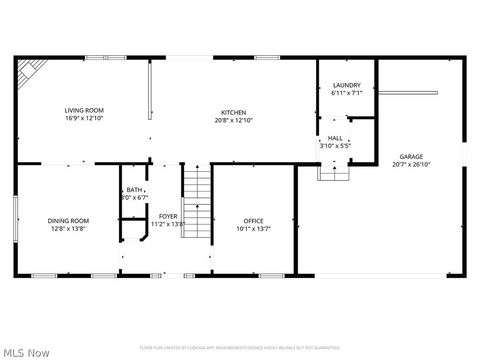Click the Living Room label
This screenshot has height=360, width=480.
tap(84, 110)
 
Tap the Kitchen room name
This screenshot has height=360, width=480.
tap(233, 112)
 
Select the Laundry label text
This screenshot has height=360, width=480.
tap(346, 86)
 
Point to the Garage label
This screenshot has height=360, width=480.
tap(410, 157)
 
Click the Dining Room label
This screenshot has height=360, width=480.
tap(68, 220)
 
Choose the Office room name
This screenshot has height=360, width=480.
tap(253, 220)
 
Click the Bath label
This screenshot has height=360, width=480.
tap(134, 190)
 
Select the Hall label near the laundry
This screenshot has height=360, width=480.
tap(334, 138)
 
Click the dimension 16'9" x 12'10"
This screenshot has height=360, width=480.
tap(84, 119)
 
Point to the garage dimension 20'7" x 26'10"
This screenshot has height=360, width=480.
tap(410, 165)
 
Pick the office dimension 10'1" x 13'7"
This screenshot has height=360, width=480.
tap(253, 228)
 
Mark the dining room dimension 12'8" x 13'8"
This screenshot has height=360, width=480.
tap(68, 228)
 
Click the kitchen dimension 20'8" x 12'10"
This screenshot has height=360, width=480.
tap(233, 120)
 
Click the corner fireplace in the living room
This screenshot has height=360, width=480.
tap(31, 71)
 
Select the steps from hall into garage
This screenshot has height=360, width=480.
tap(332, 173)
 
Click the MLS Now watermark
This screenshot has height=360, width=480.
tap(26, 352)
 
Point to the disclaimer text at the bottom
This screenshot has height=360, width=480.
tap(240, 348)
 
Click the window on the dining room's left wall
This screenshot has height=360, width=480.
tap(16, 220)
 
